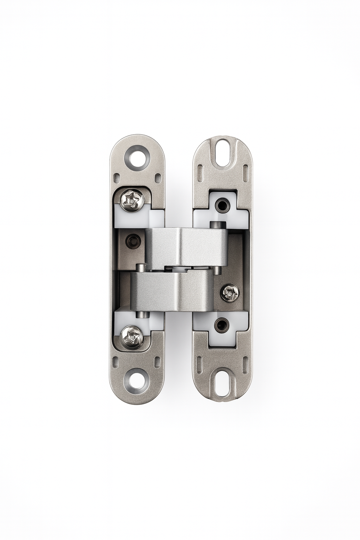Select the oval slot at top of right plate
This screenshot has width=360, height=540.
click(x=223, y=152)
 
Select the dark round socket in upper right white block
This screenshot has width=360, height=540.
click(x=222, y=204)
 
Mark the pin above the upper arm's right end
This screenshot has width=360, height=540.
click(x=216, y=224)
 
